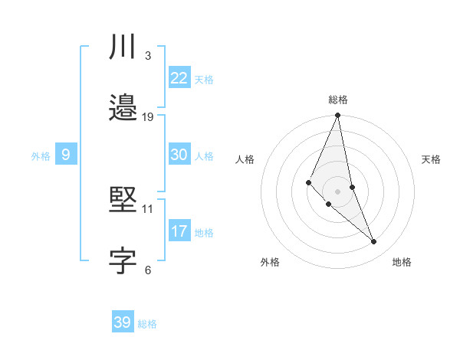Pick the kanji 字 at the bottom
coord(123,261)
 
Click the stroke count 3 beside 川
coord(147,56)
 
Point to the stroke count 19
coord(149,116)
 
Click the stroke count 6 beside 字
coord(147,269)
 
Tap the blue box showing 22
coord(179,78)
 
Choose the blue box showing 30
coord(179,155)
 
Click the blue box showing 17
coord(179,231)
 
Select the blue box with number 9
coord(66,155)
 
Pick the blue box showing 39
coord(122,322)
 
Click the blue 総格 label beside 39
coord(147,324)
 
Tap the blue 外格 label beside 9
coord(41,156)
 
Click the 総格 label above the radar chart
coord(338,100)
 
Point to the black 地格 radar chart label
coord(402,263)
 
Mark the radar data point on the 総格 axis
coord(338,116)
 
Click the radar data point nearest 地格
coord(374,242)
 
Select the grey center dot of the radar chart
coord(338,191)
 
